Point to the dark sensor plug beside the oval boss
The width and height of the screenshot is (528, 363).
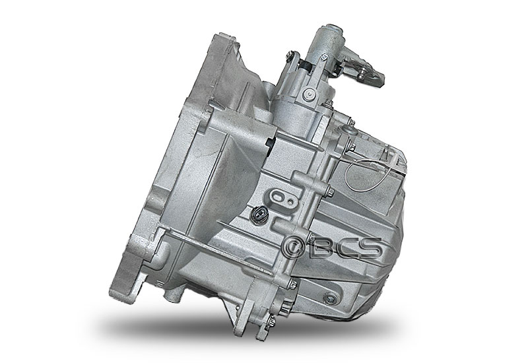[259, 214]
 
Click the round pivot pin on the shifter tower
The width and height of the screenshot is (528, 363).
[308, 93]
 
